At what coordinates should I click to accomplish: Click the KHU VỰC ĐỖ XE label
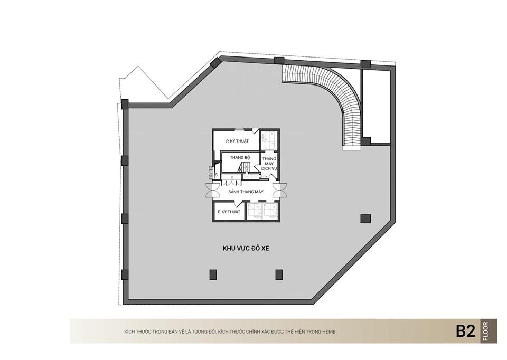click(x=246, y=248)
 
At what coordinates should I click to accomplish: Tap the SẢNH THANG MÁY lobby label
click(x=246, y=192)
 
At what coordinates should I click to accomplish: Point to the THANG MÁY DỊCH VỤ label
click(x=269, y=164)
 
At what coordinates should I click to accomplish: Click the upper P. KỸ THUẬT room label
click(x=237, y=141)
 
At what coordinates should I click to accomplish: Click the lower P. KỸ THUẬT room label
click(x=229, y=212)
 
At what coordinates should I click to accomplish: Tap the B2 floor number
click(x=466, y=331)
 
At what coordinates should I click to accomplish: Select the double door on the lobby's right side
click(x=279, y=190)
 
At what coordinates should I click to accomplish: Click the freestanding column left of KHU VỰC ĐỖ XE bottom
click(x=213, y=274)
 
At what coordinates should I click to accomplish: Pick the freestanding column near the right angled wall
click(x=365, y=219)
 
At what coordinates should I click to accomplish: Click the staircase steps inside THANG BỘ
click(x=244, y=168)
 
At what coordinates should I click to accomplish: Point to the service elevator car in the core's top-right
click(x=269, y=139)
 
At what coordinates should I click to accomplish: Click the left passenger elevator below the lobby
click(x=255, y=211)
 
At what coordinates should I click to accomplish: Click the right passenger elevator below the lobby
click(x=270, y=211)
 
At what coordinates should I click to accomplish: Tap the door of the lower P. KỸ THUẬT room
click(x=238, y=204)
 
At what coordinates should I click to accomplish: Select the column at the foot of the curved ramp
click(x=365, y=141)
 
